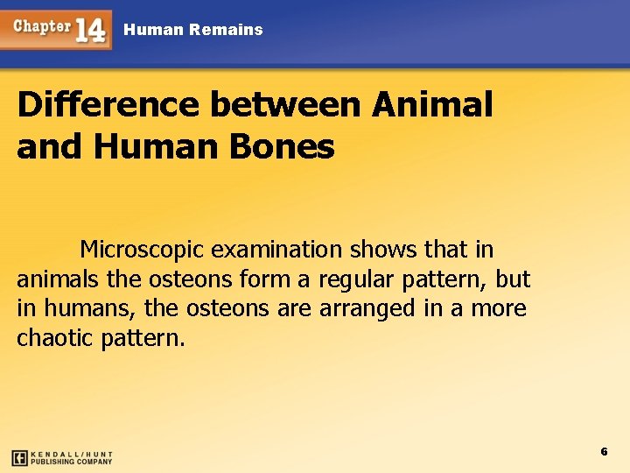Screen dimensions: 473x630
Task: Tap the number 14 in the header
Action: [x=91, y=31]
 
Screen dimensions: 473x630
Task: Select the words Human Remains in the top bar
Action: [x=193, y=30]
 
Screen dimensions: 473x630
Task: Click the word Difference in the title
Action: [x=105, y=105]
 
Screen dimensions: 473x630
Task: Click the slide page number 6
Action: [x=604, y=451]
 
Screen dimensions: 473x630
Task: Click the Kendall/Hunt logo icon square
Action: [x=19, y=457]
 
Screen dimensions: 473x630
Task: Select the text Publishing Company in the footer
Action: [x=72, y=462]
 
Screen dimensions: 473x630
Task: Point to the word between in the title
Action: [x=283, y=105]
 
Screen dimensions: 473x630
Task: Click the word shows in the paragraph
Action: [x=384, y=250]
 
